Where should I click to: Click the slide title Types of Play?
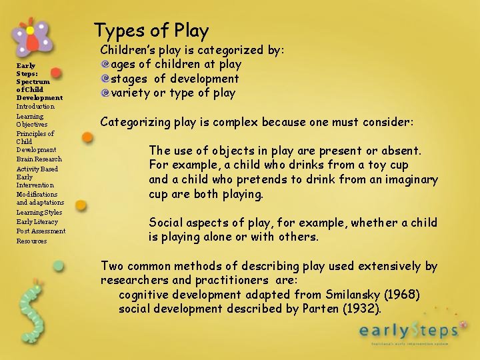151,31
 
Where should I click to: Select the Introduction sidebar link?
35,107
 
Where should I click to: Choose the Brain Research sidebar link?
39,159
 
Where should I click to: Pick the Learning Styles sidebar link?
39,213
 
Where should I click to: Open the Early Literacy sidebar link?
37,222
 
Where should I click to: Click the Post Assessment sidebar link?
41,231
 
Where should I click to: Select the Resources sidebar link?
31,241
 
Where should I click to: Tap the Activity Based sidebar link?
37,169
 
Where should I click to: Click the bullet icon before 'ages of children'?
105,65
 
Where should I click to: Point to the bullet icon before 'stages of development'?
105,79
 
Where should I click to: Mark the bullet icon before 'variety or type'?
105,93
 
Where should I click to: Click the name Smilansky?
349,295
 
